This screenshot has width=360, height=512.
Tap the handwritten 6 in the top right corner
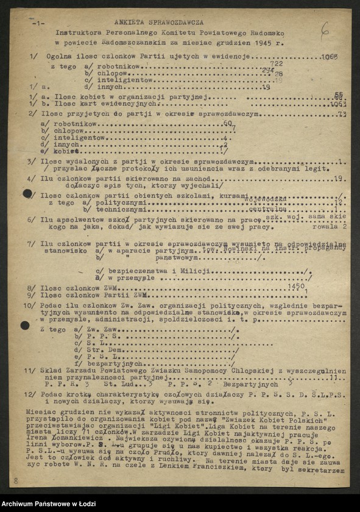tap(325, 28)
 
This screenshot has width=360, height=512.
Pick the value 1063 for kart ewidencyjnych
tap(334, 104)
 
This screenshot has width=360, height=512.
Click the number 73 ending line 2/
tap(341, 114)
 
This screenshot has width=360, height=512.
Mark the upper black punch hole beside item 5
tap(27, 194)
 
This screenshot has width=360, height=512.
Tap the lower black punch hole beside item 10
tap(25, 325)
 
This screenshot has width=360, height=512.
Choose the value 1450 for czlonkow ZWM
tap(296, 286)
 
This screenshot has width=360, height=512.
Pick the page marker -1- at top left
tap(37, 23)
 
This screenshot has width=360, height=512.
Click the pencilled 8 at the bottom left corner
tap(16, 481)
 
